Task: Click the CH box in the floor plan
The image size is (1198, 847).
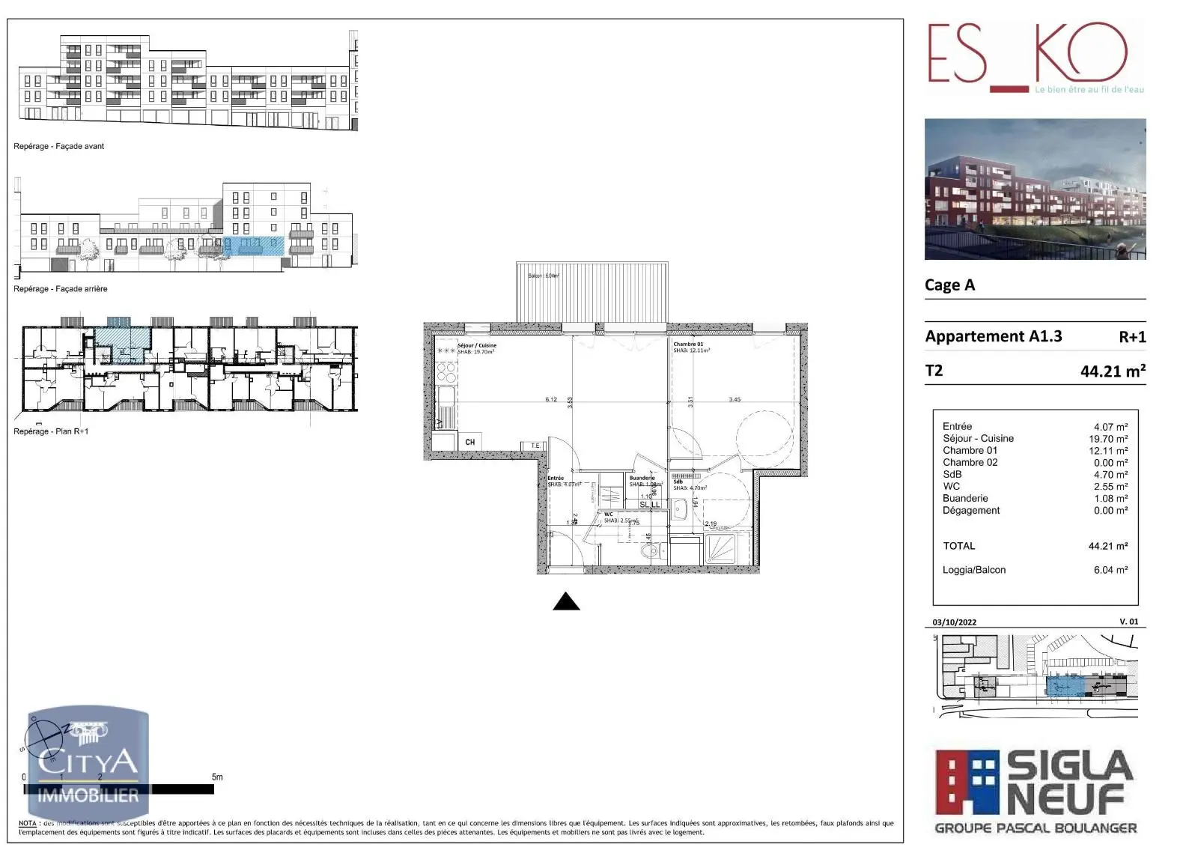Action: coord(469,442)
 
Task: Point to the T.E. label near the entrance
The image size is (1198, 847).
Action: coord(535,446)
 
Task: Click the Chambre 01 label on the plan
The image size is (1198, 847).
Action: coord(687,344)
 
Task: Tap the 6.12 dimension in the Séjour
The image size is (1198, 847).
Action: coord(550,399)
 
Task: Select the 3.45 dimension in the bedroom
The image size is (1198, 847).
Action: coord(734,399)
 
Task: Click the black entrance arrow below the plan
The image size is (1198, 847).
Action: coord(566,601)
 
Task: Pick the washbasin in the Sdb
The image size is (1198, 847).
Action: coord(681,511)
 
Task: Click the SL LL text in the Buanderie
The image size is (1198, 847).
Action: coord(649,505)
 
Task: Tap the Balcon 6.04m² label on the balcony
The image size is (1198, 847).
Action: coord(544,276)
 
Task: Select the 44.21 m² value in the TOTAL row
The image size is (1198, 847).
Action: coord(1107,546)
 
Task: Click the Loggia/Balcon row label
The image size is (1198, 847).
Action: coord(973,570)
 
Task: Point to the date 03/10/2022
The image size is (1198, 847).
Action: coord(954,622)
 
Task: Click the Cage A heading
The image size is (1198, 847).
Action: coord(949,285)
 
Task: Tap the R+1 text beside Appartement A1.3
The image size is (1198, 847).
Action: coord(1131,337)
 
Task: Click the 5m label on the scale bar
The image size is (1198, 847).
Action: coord(216,777)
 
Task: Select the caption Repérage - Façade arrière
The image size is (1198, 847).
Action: coord(60,288)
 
